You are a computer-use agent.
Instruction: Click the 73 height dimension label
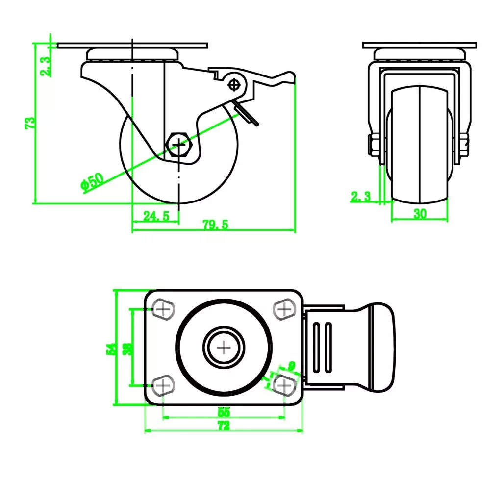tap(30, 123)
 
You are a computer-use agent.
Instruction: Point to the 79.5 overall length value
tap(216, 225)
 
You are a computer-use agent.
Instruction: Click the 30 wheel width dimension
tap(420, 214)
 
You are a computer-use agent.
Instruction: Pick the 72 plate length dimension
tap(223, 427)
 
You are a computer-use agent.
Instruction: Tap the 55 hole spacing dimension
tap(223, 412)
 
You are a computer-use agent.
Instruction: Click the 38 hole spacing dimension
tap(126, 348)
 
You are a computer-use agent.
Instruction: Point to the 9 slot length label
tap(292, 365)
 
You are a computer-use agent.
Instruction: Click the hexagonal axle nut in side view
tap(180, 145)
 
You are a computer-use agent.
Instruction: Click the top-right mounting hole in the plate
tap(283, 309)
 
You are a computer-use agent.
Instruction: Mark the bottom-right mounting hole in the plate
tap(283, 386)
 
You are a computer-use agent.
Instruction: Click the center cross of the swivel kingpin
tap(224, 348)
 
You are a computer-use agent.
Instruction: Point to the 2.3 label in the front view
tap(361, 197)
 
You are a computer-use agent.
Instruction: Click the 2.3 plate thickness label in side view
tap(46, 66)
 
